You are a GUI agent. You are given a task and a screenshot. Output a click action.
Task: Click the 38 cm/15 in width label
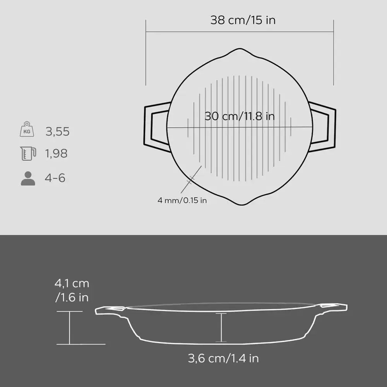(x=243, y=20)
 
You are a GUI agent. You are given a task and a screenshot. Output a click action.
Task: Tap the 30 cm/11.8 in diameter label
(x=240, y=116)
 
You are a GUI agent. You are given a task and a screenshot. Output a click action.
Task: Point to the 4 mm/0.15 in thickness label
(x=182, y=200)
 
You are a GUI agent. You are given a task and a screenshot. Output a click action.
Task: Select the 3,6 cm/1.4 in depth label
(x=223, y=358)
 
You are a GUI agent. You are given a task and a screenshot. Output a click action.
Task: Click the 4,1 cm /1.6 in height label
(x=72, y=290)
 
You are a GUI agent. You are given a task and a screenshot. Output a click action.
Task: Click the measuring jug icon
(x=28, y=153)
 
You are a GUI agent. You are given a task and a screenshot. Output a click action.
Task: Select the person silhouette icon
(x=27, y=178)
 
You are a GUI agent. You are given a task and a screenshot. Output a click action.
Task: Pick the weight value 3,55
(x=57, y=132)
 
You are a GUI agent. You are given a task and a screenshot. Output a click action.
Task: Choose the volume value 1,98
(x=57, y=154)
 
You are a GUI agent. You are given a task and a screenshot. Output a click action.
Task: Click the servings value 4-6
(x=55, y=178)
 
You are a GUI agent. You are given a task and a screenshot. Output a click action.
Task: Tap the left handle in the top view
(x=156, y=127)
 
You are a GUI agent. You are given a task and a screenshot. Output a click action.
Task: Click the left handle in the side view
(x=110, y=310)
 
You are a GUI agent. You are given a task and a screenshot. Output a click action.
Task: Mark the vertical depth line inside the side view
(x=221, y=327)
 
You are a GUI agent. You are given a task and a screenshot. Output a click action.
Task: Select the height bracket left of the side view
(x=70, y=327)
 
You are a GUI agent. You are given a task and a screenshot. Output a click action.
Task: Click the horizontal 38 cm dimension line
(x=240, y=32)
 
